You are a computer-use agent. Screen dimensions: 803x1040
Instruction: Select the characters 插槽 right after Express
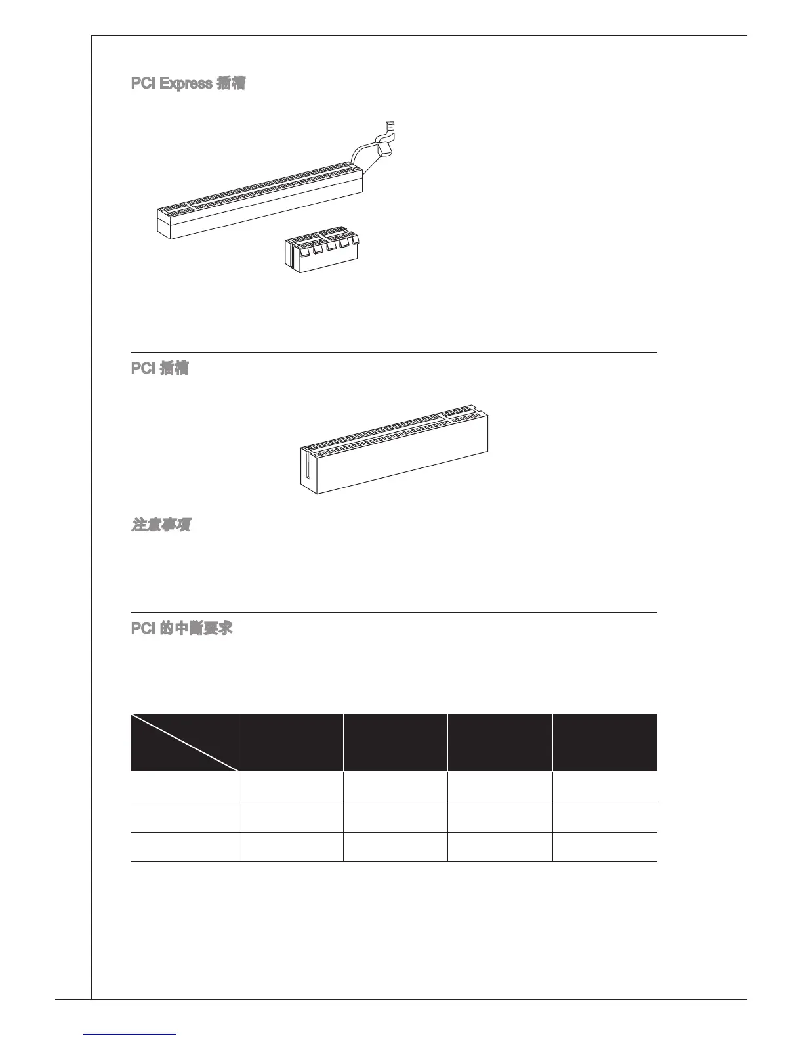pyautogui.click(x=230, y=84)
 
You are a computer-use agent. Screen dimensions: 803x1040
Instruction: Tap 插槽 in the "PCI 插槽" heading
pyautogui.click(x=174, y=368)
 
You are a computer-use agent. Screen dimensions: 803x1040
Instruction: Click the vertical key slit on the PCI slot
pyautogui.click(x=306, y=466)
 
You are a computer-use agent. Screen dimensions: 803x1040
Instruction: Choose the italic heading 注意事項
pyautogui.click(x=161, y=525)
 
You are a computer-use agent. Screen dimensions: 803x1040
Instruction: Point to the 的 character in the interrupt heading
pyautogui.click(x=167, y=628)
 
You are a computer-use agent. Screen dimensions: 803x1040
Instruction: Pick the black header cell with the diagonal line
pyautogui.click(x=184, y=743)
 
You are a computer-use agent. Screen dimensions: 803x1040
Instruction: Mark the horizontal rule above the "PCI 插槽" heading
pyautogui.click(x=394, y=352)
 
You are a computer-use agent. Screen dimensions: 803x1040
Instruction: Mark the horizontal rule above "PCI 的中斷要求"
pyautogui.click(x=394, y=612)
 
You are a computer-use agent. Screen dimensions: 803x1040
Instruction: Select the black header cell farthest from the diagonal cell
pyautogui.click(x=604, y=743)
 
